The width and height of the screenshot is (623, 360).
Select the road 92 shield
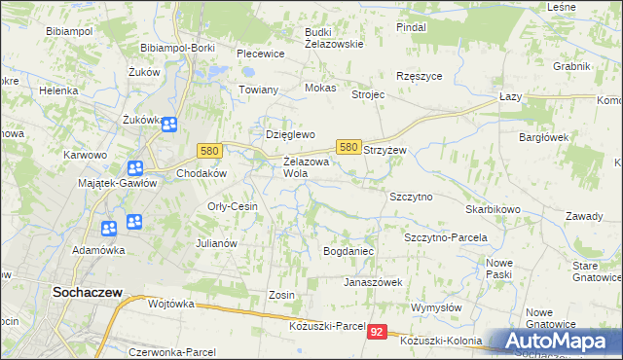click(378, 333)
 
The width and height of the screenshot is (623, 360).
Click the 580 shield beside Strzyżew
click(348, 146)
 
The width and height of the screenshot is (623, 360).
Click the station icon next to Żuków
click(169, 125)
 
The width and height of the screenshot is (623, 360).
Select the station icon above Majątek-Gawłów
click(134, 167)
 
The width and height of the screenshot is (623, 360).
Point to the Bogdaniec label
click(348, 251)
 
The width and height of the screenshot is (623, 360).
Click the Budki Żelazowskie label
click(334, 37)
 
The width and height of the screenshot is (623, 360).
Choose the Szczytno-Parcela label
click(445, 237)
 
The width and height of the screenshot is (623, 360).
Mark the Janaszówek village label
click(373, 282)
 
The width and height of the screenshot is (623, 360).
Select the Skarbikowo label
click(493, 209)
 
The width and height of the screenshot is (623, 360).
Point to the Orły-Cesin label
click(232, 206)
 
